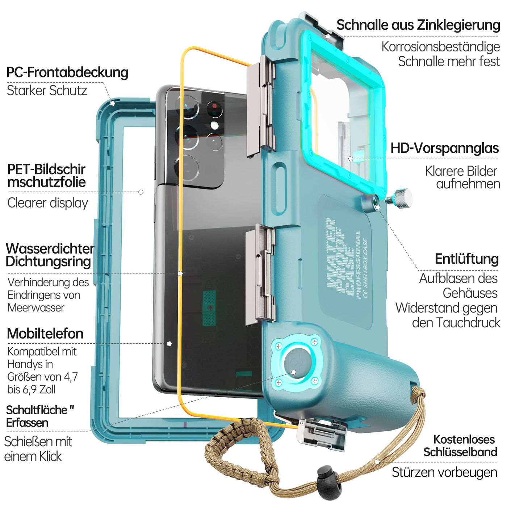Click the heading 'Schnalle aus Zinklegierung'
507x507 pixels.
pos(418,25)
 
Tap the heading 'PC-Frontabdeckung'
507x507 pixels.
pos(67,72)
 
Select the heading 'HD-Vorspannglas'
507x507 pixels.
pos(444,148)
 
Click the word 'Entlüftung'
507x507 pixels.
pos(466,259)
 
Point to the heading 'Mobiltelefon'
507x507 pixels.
pos(45,334)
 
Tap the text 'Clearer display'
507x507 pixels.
pos(47,203)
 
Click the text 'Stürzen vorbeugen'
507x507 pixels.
pos(444,472)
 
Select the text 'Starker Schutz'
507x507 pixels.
pos(47,91)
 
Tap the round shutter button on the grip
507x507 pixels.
pos(296,364)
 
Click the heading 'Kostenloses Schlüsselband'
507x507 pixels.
pos(460,446)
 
